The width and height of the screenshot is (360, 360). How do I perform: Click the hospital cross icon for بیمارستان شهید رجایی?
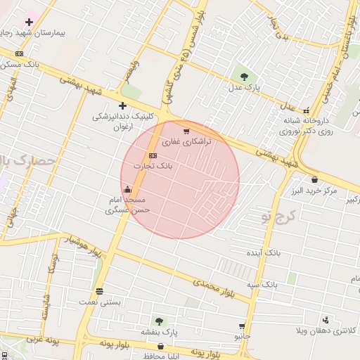[x=29, y=22]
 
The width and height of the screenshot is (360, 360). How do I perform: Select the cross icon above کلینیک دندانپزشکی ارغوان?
[x=122, y=105]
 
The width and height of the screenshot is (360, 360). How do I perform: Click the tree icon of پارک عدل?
[x=243, y=77]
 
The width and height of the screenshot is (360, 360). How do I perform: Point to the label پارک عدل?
[x=243, y=88]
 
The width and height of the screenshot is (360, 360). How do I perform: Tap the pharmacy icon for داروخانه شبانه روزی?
[x=306, y=110]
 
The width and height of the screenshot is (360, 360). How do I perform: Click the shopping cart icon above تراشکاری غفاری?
[x=186, y=131]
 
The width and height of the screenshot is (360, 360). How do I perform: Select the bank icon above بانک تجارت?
[x=153, y=155]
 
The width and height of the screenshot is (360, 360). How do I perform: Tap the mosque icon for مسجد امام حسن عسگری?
[x=127, y=188]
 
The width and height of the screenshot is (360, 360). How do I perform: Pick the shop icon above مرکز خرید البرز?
[x=314, y=179]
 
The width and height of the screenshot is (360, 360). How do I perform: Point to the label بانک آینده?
[x=263, y=252]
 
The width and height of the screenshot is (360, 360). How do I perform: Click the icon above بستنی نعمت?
[x=99, y=291]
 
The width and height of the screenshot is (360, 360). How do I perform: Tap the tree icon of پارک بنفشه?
[x=159, y=321]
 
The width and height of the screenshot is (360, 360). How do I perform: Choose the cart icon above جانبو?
[x=242, y=326]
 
